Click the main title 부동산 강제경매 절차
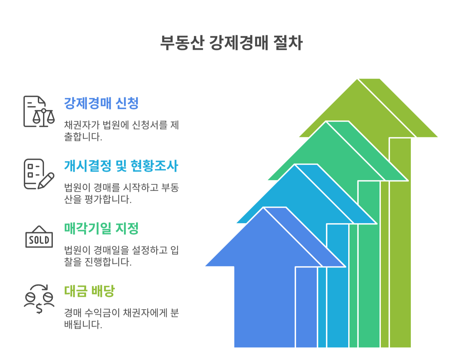[x=231, y=43]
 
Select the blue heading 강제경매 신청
[x=101, y=103]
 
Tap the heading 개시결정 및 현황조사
[x=121, y=166]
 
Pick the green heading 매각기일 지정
[x=101, y=229]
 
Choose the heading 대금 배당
[x=89, y=291]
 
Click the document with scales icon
[x=39, y=112]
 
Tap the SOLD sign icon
[x=39, y=237]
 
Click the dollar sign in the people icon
[x=39, y=308]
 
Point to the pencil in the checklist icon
[x=46, y=181]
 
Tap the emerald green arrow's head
[x=326, y=153]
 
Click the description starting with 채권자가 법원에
[x=121, y=130]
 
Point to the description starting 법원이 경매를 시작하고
[x=121, y=193]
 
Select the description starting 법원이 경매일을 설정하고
[x=121, y=256]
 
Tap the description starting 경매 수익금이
[x=121, y=318]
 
